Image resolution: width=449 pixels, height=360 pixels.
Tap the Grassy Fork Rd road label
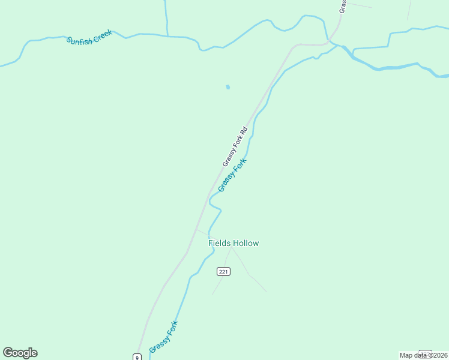click(235, 147)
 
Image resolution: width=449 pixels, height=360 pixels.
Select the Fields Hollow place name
click(234, 243)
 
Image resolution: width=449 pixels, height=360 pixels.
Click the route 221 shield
click(223, 271)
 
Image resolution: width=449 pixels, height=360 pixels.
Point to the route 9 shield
click(137, 357)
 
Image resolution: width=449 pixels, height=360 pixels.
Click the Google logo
click(20, 353)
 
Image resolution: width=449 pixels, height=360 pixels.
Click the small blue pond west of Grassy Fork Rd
click(228, 87)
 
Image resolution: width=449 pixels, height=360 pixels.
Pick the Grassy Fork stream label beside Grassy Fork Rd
click(232, 175)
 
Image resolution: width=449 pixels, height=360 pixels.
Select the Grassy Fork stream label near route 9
click(164, 337)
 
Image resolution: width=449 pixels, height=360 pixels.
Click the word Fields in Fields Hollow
click(219, 243)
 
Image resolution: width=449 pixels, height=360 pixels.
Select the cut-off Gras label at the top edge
click(343, 6)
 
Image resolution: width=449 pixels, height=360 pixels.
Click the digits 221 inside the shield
click(223, 271)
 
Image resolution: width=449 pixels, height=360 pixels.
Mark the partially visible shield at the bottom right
click(425, 353)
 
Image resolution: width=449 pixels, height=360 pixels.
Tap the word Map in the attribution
click(406, 355)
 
